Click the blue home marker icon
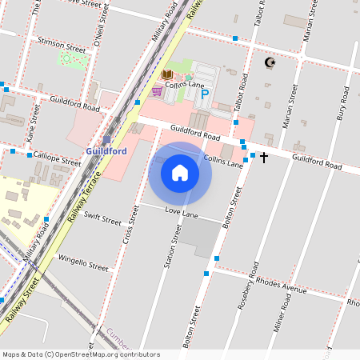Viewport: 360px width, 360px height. tap(180, 173)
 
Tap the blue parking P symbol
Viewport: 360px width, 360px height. tap(204, 94)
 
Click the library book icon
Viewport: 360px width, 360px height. tap(167, 75)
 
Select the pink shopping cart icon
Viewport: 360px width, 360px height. tap(157, 91)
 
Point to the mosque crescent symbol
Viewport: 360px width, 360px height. tap(270, 62)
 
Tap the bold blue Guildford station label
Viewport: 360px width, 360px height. tap(106, 150)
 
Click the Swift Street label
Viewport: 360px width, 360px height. tap(102, 218)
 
